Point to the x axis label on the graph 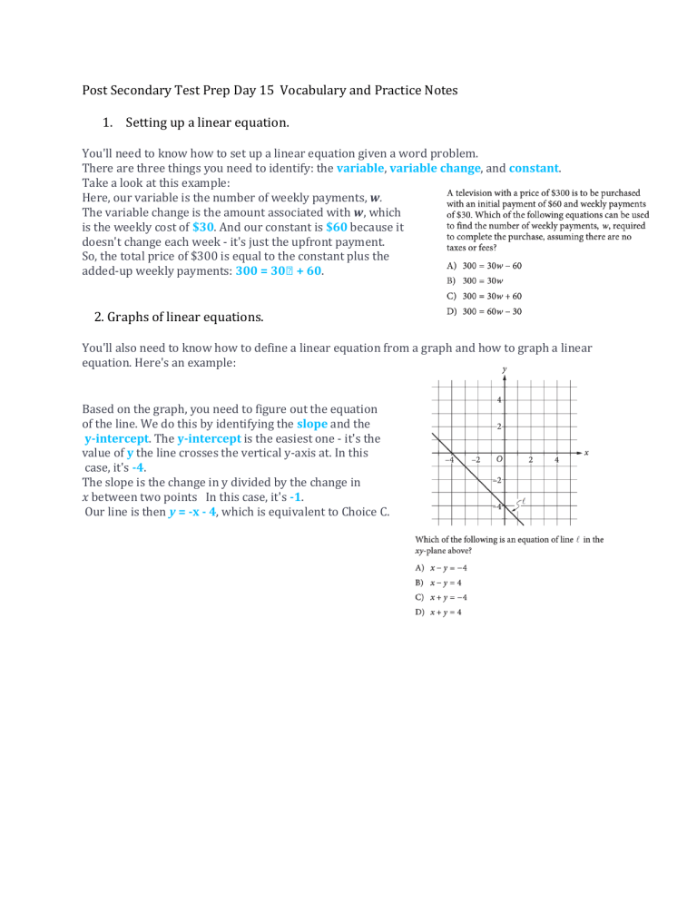[x=586, y=452]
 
